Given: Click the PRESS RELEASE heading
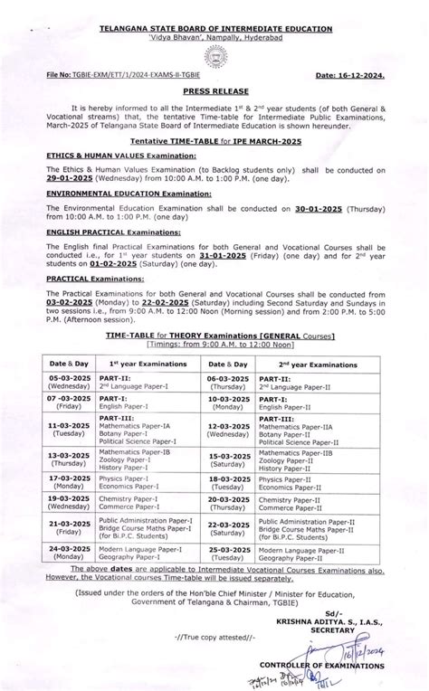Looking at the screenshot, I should click(215, 91).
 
